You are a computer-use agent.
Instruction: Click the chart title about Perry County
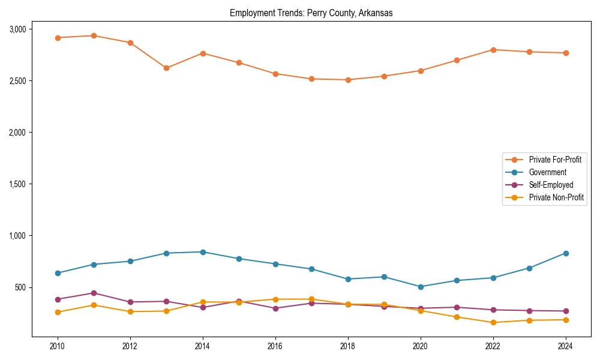[x=311, y=13]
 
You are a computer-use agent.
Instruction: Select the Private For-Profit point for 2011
[x=94, y=35]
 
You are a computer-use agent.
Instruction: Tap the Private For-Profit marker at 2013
[x=166, y=68]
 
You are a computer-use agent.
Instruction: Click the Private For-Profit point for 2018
[x=348, y=80]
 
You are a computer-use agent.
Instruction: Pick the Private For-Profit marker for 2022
[x=493, y=50]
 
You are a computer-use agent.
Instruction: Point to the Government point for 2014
[x=203, y=252]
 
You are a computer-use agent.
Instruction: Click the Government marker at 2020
[x=421, y=287]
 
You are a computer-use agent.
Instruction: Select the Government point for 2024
[x=566, y=253]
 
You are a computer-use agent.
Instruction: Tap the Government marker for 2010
[x=58, y=273]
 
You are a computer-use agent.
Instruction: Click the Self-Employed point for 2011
[x=94, y=293]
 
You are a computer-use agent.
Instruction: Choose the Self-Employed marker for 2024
[x=566, y=311]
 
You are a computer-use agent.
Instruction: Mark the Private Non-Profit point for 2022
[x=493, y=322]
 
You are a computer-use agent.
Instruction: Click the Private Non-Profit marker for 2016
[x=275, y=299]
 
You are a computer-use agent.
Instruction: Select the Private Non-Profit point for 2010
[x=58, y=312]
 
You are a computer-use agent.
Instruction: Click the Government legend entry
[x=547, y=172]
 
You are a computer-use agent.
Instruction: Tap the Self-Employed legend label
[x=551, y=185]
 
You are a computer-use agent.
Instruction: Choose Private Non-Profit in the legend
[x=556, y=197]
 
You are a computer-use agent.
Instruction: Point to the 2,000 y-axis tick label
[x=17, y=132]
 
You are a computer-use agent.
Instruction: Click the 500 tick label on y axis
[x=20, y=287]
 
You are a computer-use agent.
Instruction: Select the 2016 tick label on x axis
[x=275, y=346]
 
